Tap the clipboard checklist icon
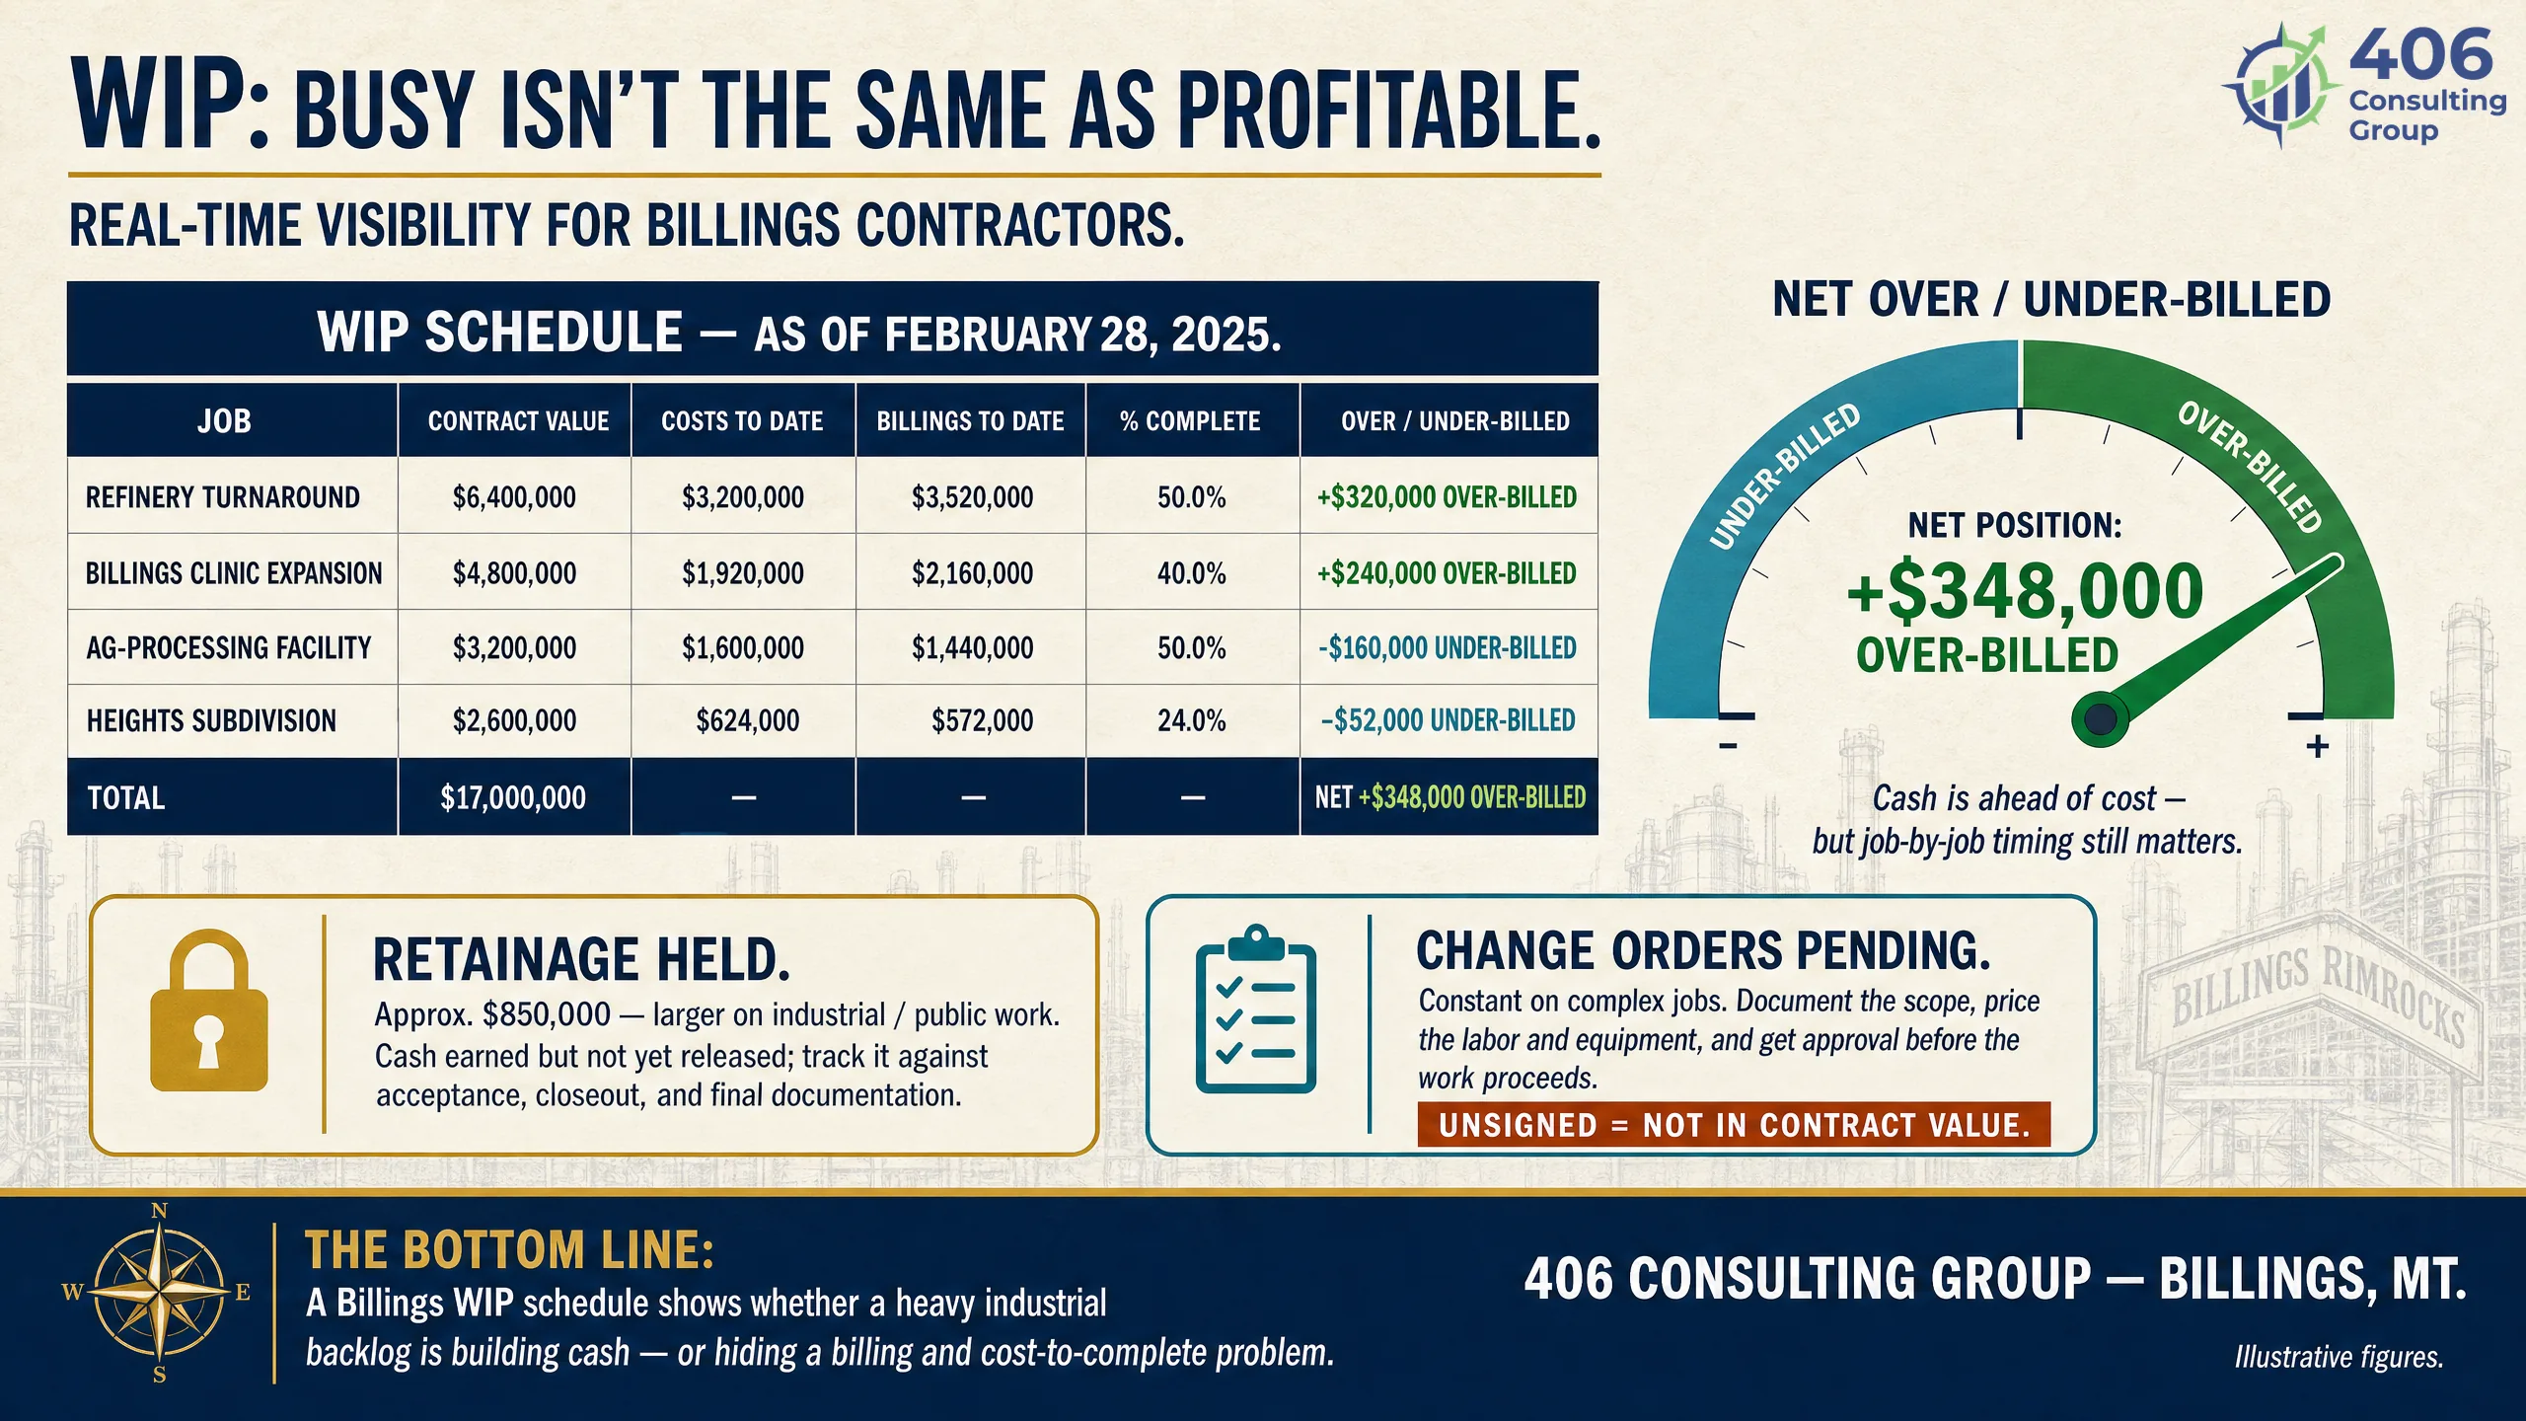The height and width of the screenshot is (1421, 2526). [x=1256, y=1010]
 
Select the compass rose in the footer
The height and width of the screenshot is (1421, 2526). [x=159, y=1292]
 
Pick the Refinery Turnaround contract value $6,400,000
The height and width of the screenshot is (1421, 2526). [x=514, y=496]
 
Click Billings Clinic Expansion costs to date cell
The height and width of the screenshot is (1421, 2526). [x=743, y=572]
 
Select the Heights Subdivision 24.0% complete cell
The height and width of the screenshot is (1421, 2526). [x=1192, y=720]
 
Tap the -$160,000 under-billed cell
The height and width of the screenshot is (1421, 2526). [x=1448, y=647]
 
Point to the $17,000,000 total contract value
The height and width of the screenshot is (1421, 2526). [x=513, y=797]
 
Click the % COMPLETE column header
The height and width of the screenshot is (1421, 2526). [x=1190, y=421]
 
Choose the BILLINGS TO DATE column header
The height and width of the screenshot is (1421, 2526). [x=970, y=421]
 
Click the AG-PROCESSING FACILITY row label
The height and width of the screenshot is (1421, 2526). [x=229, y=647]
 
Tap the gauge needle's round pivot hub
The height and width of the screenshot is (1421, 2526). [x=2099, y=719]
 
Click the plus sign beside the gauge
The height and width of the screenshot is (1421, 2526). [x=2318, y=746]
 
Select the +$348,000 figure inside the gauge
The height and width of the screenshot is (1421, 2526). [x=2025, y=590]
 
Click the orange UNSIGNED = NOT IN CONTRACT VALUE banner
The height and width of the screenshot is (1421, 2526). [x=1734, y=1125]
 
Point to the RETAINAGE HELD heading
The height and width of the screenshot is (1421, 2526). [x=582, y=959]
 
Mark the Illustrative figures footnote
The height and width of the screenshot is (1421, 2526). [x=2339, y=1357]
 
